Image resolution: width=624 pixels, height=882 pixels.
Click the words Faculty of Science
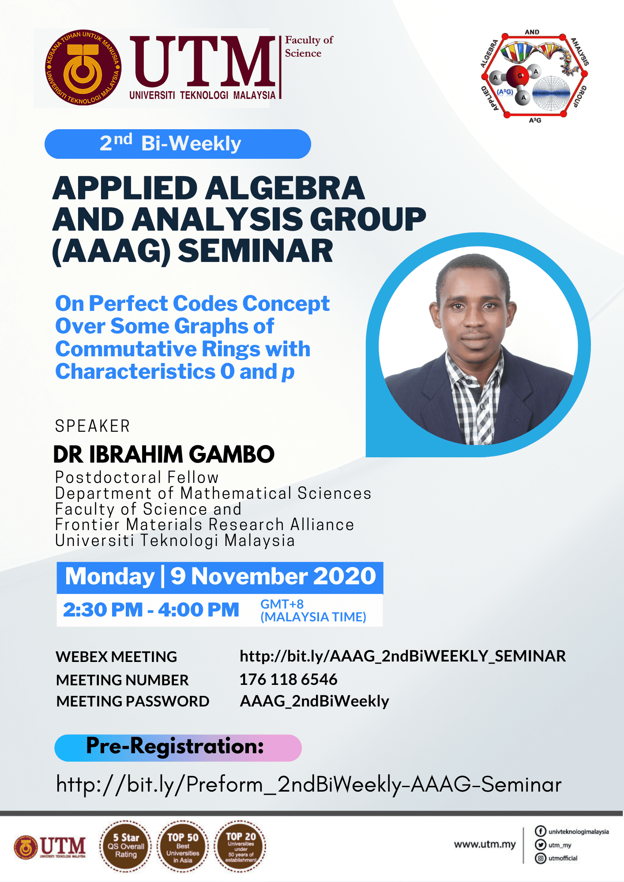(x=309, y=46)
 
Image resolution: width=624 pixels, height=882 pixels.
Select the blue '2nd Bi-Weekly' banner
(x=178, y=144)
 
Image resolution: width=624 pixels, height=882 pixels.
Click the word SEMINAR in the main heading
(x=256, y=251)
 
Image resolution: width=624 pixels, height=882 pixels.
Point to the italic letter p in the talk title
(x=288, y=373)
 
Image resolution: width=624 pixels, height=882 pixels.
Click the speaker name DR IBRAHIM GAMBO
(x=164, y=454)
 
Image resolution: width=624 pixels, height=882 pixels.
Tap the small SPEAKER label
(x=92, y=426)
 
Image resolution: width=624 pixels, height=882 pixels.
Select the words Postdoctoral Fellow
(x=137, y=477)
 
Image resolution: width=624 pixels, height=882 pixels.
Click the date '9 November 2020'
(x=273, y=576)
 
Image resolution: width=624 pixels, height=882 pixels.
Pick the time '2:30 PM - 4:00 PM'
(x=151, y=610)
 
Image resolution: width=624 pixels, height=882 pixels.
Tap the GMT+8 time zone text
(x=282, y=604)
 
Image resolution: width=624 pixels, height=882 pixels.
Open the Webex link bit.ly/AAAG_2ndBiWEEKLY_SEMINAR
(x=402, y=656)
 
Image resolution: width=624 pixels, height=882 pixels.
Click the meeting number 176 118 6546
(x=289, y=680)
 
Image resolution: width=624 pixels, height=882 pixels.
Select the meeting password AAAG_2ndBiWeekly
(x=314, y=701)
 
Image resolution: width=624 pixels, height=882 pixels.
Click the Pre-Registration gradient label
(x=178, y=747)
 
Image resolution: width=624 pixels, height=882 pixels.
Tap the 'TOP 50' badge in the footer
(x=183, y=847)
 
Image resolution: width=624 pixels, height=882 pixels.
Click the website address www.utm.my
(x=485, y=845)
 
